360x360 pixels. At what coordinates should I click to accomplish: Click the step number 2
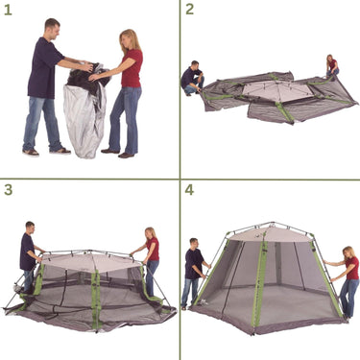click(189, 10)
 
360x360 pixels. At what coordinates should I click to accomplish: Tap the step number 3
click(8, 189)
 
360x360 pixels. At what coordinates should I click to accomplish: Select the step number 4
click(189, 189)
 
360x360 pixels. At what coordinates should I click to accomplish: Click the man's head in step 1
click(51, 27)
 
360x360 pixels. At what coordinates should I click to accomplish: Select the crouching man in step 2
click(192, 78)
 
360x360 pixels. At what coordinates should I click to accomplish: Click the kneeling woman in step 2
click(332, 66)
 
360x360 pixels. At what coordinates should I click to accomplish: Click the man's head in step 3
click(30, 228)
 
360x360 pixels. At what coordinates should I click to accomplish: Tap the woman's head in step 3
click(150, 233)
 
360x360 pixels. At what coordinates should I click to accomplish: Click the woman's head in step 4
click(348, 252)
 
